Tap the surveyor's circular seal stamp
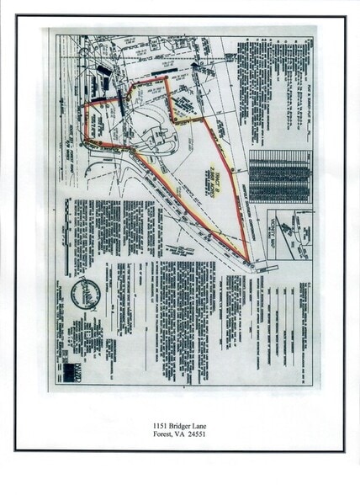[x=86, y=294]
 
